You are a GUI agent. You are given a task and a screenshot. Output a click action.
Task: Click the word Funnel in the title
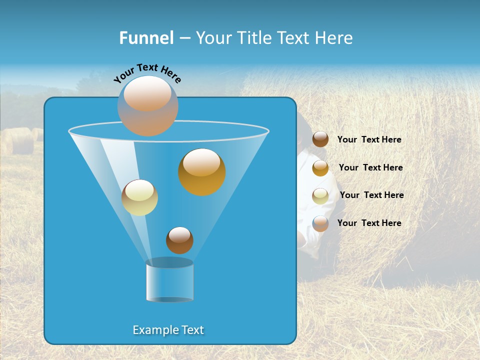click(146, 38)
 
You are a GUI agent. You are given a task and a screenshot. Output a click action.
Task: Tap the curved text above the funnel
click(147, 73)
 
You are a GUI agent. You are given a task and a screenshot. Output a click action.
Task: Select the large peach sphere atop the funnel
click(148, 105)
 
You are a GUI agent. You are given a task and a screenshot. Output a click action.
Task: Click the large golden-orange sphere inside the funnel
click(201, 172)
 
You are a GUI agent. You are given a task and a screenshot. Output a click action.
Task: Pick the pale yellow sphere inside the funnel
click(139, 197)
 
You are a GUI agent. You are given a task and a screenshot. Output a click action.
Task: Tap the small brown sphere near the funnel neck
click(179, 240)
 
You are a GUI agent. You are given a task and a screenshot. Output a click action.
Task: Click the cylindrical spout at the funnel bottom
click(169, 281)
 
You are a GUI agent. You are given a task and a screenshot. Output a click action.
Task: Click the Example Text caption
click(168, 330)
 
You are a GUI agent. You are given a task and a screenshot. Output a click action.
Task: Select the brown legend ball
click(320, 139)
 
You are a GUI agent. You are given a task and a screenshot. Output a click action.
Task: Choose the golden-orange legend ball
click(320, 168)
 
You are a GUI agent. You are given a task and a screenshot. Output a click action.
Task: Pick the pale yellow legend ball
click(320, 196)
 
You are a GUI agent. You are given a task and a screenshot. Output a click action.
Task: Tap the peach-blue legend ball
click(320, 223)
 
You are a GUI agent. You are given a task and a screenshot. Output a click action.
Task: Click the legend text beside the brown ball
click(369, 140)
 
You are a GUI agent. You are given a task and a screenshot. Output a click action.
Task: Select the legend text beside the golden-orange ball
click(370, 168)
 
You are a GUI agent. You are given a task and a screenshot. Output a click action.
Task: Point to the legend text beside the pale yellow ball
click(371, 195)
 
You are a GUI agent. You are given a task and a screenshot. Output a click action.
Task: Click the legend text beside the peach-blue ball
click(369, 223)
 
